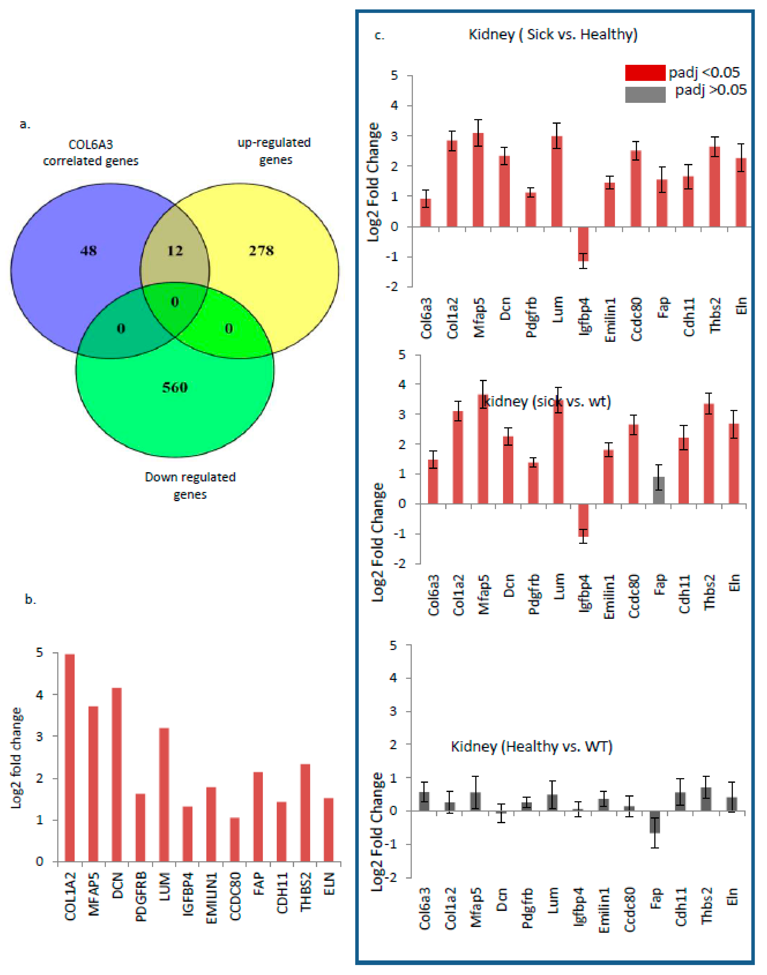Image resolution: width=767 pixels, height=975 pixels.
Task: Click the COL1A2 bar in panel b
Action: coord(70,759)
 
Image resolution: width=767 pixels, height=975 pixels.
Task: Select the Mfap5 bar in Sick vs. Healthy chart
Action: coord(478,179)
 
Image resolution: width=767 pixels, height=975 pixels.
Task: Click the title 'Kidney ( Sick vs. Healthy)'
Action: coord(553,35)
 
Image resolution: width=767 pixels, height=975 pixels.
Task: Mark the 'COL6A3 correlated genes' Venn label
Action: coord(91,153)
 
